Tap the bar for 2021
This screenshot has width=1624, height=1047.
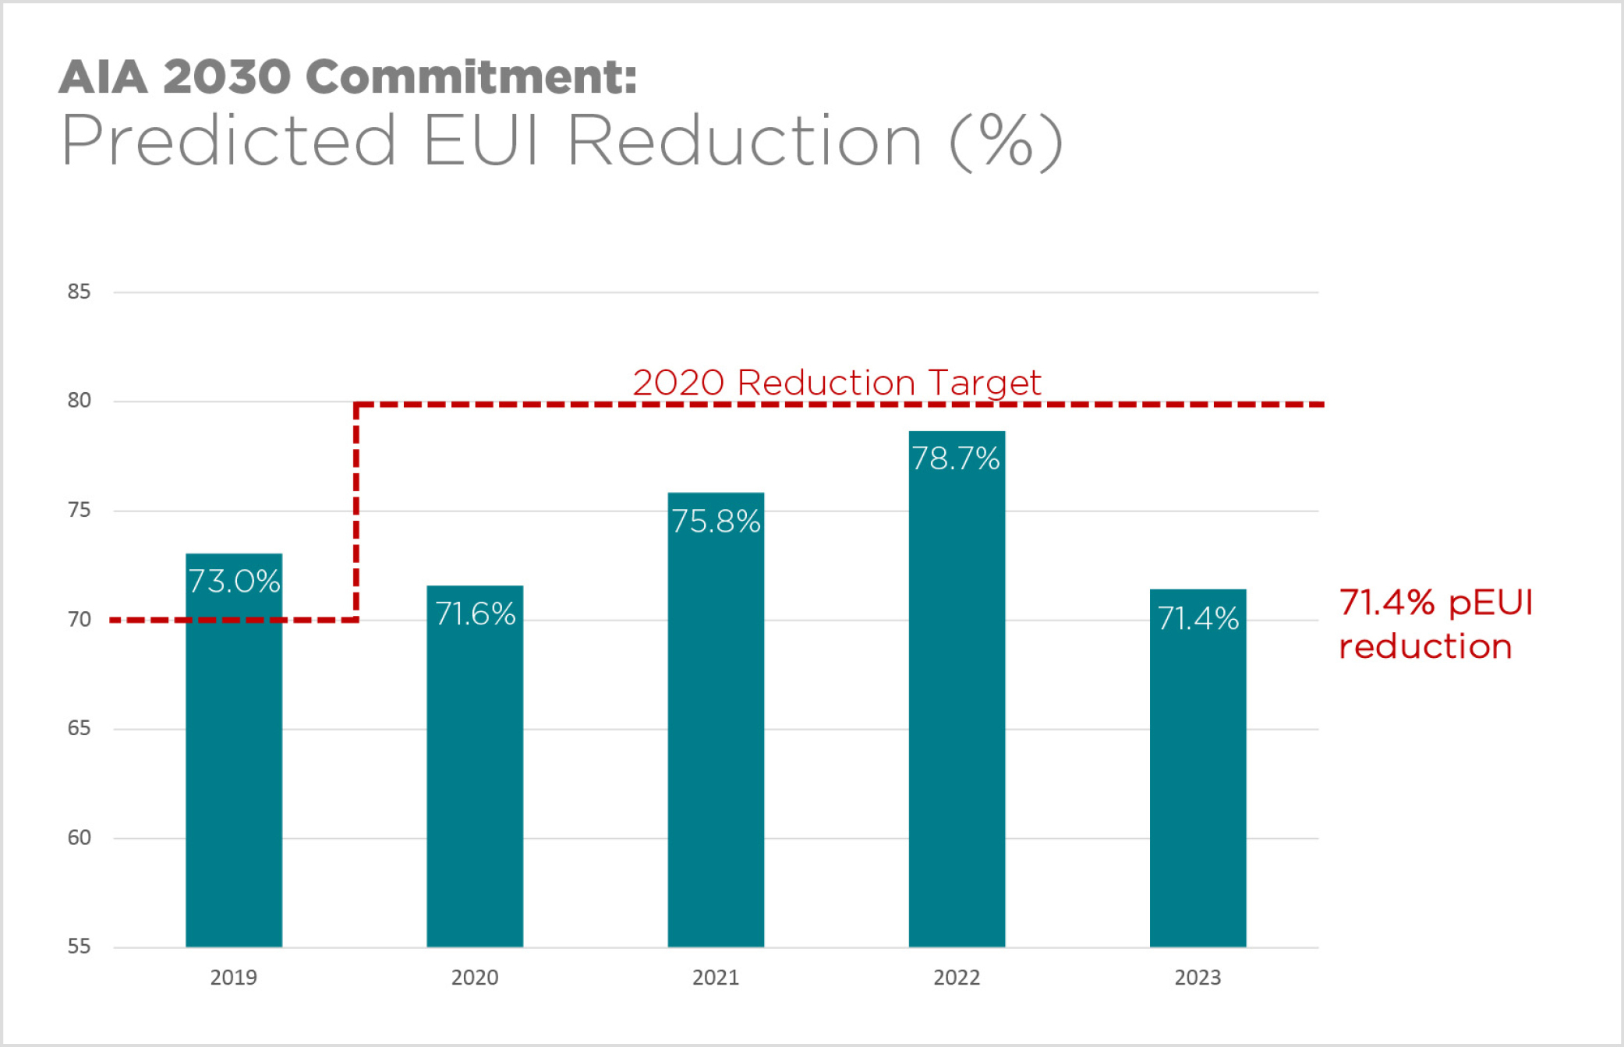pos(716,741)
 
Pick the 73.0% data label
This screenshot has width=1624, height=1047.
pos(234,582)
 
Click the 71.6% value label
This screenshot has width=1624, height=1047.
pos(475,614)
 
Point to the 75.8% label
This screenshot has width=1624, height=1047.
pos(716,522)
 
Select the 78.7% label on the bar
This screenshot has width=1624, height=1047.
pos(956,458)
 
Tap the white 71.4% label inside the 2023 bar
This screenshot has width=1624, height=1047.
pos(1198,619)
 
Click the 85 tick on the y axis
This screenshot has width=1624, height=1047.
pos(79,292)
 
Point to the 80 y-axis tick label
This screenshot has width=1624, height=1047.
pos(79,401)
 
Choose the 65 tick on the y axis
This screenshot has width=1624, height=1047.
pos(79,728)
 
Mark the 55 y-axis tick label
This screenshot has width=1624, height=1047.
pos(79,946)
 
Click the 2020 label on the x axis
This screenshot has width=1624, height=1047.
pos(475,978)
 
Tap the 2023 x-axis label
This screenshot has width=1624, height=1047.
pos(1198,978)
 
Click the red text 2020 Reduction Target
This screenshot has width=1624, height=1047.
pos(837,383)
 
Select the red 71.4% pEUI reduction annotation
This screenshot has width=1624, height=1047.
pos(1435,624)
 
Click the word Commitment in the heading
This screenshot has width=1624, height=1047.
pos(471,77)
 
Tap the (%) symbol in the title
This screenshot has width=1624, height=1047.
pos(1006,141)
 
